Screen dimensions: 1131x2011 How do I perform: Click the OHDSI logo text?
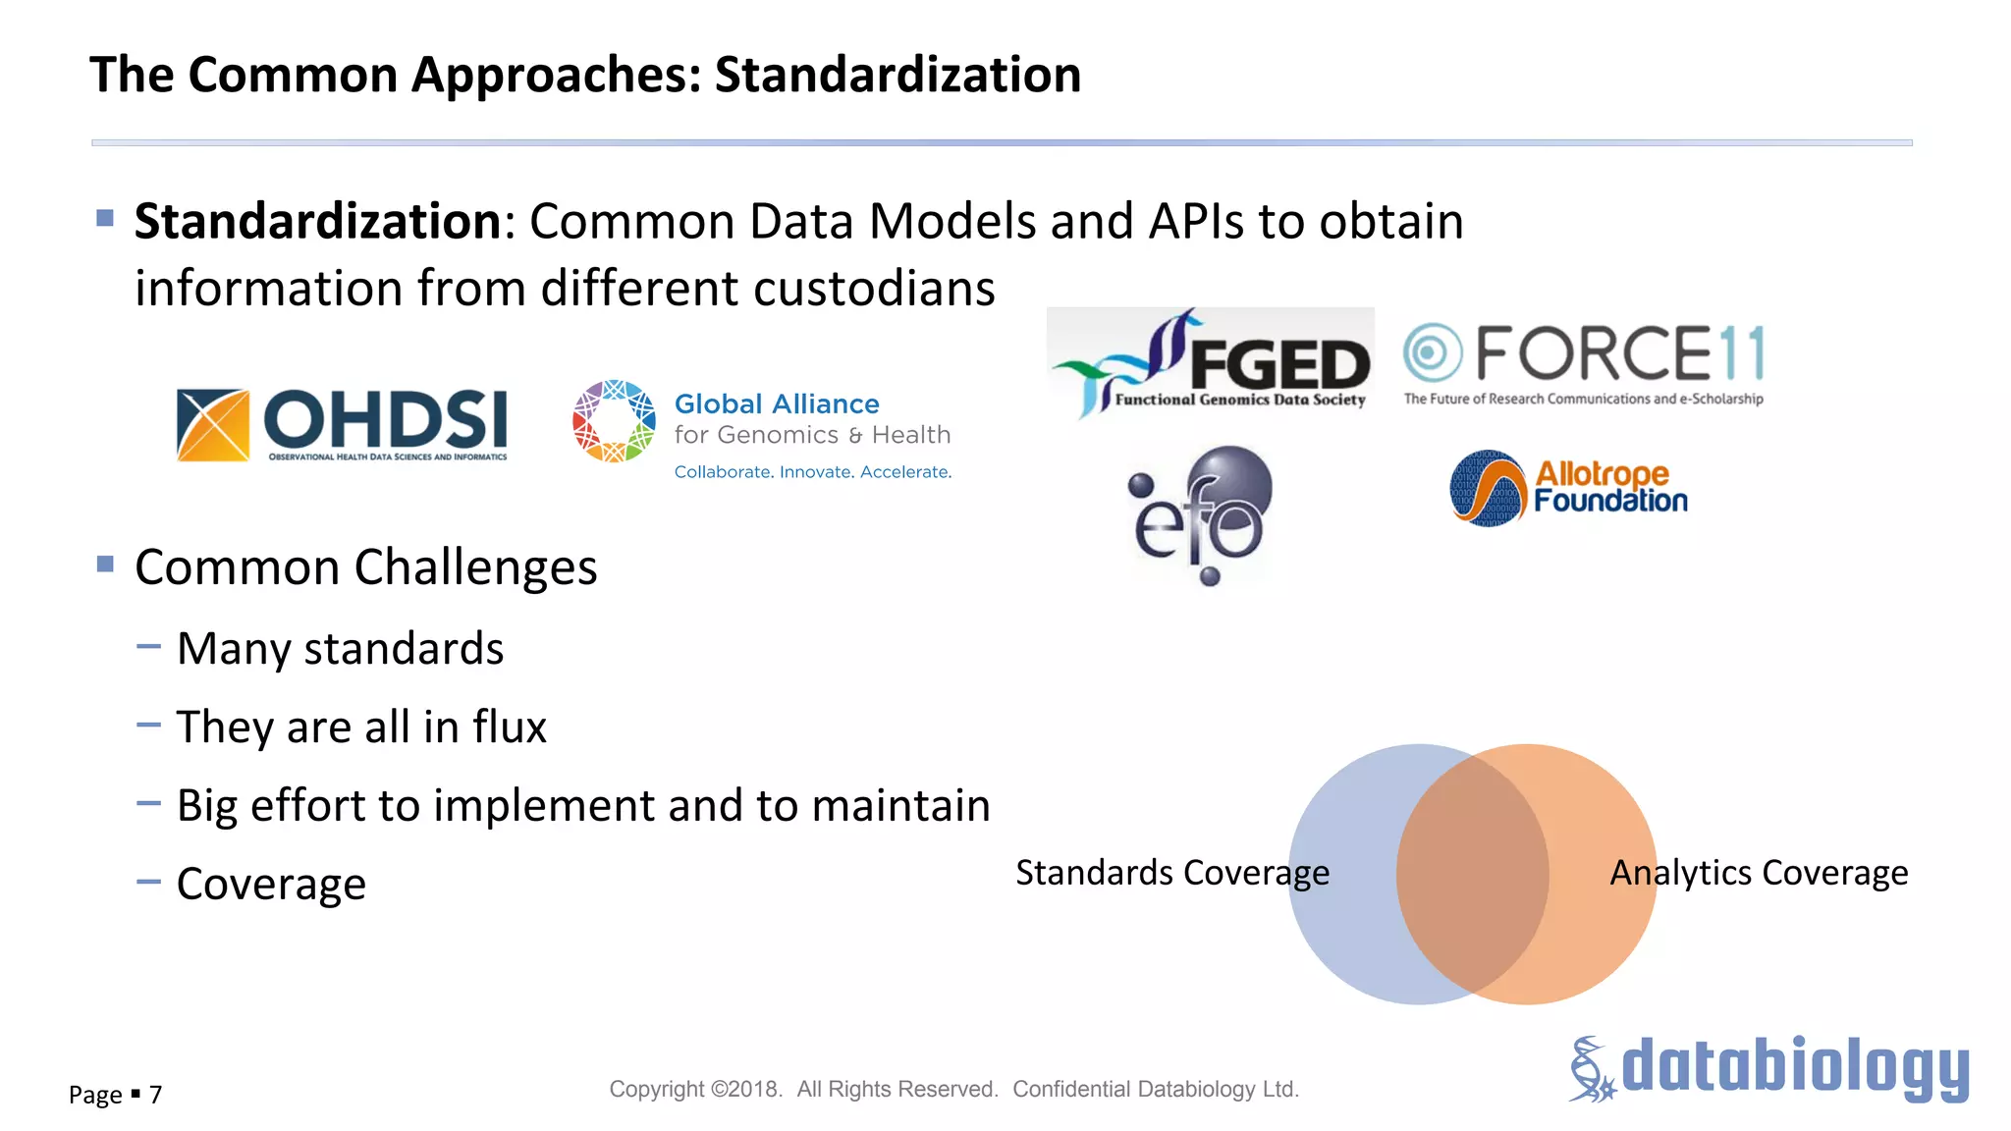coord(385,419)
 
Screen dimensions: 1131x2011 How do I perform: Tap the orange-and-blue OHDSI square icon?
coord(213,424)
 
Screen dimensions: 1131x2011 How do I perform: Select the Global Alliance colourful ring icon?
coord(614,421)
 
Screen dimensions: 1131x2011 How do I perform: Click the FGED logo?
coord(1211,362)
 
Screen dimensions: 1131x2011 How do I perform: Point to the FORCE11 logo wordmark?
coord(1619,353)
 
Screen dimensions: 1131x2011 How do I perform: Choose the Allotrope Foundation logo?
coord(1568,488)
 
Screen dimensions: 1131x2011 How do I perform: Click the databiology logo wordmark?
coord(1794,1067)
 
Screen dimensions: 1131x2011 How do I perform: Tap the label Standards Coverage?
coord(1171,873)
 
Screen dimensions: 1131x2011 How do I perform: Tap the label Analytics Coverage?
coord(1759,873)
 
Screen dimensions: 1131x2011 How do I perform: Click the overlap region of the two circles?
coord(1473,874)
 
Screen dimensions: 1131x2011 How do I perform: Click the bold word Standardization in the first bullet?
coord(318,221)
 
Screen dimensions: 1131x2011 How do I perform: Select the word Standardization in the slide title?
coord(897,75)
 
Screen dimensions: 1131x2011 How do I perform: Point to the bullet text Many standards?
coord(340,649)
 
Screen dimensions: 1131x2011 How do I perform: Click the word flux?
coord(509,727)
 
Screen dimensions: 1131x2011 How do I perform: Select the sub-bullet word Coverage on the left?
coord(271,885)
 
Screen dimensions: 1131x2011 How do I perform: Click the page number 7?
coord(155,1095)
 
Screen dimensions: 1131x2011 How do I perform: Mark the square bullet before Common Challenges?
coord(106,564)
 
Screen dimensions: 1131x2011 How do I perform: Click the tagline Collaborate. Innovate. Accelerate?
coord(812,472)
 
